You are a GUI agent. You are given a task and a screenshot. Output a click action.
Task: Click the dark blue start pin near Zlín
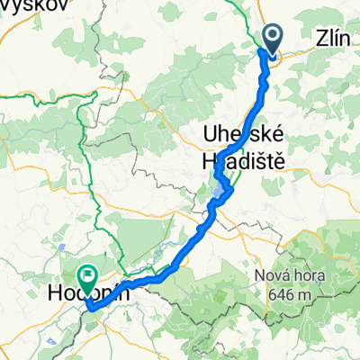click(x=273, y=37)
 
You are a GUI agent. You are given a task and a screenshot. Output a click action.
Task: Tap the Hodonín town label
click(x=89, y=292)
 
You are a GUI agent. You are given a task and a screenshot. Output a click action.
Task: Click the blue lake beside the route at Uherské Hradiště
click(x=220, y=188)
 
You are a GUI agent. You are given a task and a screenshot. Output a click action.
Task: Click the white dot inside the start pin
click(x=273, y=34)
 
